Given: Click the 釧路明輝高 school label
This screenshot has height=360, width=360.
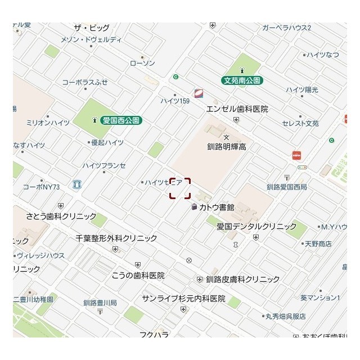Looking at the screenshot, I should [226, 147].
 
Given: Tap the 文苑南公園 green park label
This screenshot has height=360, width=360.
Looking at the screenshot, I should [242, 80].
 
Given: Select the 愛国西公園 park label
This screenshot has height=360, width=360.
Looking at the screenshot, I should [121, 120].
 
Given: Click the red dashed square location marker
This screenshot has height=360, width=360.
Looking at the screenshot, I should [180, 189].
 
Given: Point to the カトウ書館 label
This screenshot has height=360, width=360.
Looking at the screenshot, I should [217, 208].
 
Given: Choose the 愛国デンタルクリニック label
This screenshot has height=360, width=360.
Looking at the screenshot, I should [256, 226].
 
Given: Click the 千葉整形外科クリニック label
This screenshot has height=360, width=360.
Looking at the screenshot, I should [116, 238].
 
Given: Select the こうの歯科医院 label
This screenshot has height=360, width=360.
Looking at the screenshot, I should [138, 276].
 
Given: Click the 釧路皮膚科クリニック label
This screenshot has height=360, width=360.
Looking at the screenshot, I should [242, 280].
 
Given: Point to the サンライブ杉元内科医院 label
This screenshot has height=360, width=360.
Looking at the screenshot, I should [183, 299].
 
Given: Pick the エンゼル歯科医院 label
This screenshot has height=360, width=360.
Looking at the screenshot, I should [237, 109].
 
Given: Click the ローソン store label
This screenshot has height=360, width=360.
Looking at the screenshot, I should [142, 64].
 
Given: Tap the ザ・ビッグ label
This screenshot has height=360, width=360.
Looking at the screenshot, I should [92, 28].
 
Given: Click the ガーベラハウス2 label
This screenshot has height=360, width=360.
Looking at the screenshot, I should [286, 28].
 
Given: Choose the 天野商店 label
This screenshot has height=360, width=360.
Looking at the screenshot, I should [318, 244].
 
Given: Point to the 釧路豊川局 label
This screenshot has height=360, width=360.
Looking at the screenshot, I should [100, 303].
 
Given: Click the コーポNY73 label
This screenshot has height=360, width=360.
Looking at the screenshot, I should [41, 187].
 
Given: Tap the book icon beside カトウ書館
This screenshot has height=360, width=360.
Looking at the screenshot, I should [194, 207].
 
